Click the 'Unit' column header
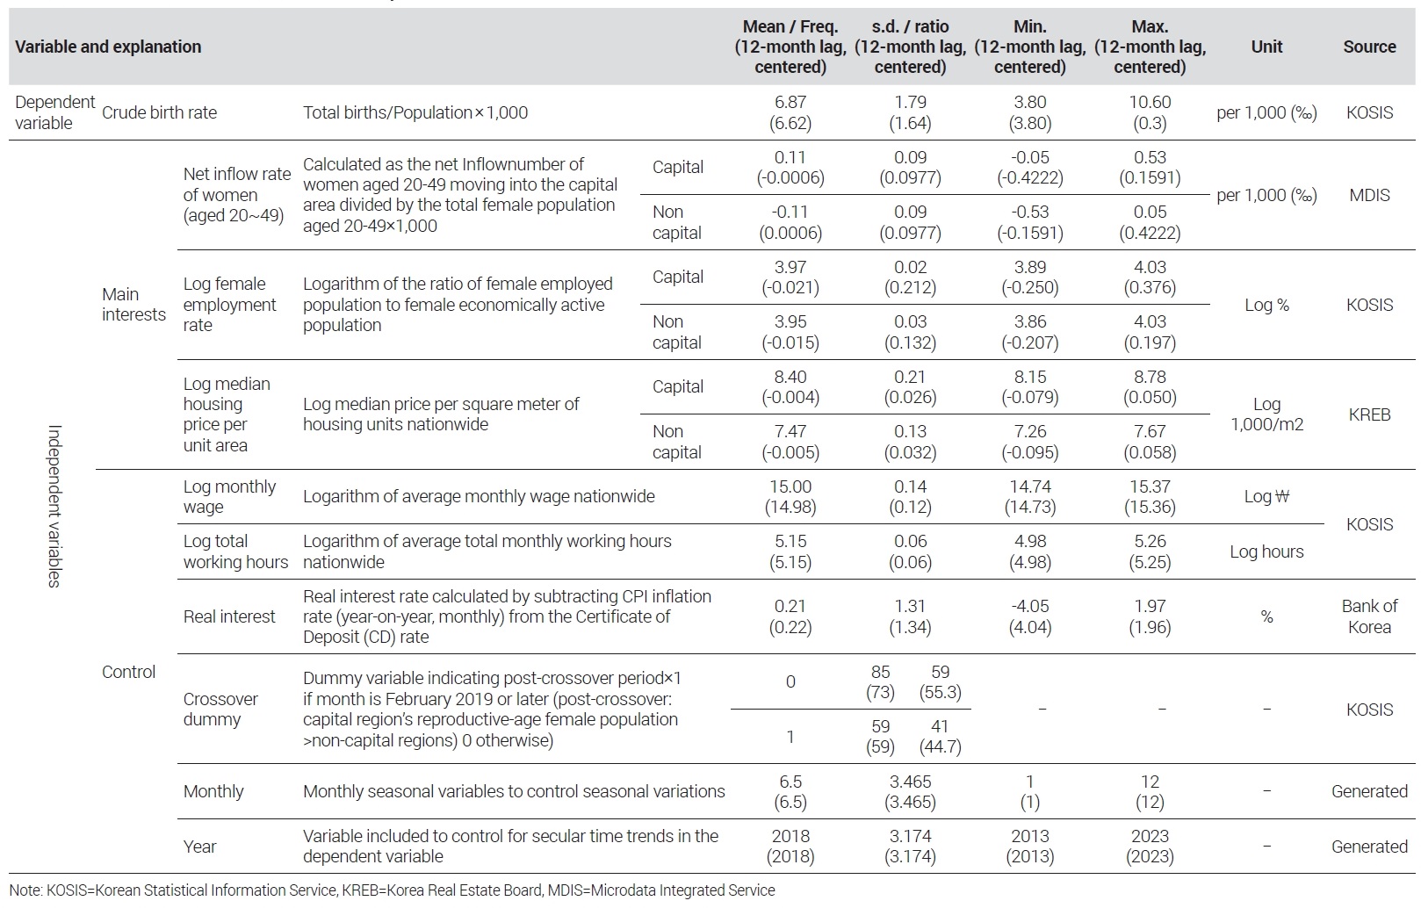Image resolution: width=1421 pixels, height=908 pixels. point(1266,47)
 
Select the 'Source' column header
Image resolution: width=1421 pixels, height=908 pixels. point(1369,47)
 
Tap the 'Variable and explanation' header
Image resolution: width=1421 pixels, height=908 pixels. point(108,47)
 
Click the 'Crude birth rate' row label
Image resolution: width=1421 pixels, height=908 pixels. point(159,112)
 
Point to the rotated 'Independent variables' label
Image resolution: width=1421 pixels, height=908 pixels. point(54,506)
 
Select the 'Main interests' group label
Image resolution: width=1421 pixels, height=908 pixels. point(133,304)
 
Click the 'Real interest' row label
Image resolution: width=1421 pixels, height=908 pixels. point(229,616)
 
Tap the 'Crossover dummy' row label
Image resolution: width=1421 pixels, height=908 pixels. point(220,709)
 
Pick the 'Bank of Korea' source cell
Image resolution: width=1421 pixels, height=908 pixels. point(1369,616)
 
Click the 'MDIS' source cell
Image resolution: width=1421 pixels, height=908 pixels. point(1369,195)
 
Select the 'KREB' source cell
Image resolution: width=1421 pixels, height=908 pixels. point(1369,414)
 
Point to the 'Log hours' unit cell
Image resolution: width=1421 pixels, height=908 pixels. point(1266,551)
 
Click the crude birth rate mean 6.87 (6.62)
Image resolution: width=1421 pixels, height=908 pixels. point(790,112)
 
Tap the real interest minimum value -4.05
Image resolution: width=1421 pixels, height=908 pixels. point(1029,606)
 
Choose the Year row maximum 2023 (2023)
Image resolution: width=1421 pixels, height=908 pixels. point(1150,846)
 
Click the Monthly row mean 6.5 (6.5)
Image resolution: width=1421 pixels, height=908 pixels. point(790,791)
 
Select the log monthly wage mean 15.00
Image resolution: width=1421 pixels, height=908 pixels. point(790,486)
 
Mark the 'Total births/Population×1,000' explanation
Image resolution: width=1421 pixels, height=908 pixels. point(415,112)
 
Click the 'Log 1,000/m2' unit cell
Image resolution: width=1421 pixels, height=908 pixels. point(1266,414)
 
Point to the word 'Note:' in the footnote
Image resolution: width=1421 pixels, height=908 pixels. point(26,890)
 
